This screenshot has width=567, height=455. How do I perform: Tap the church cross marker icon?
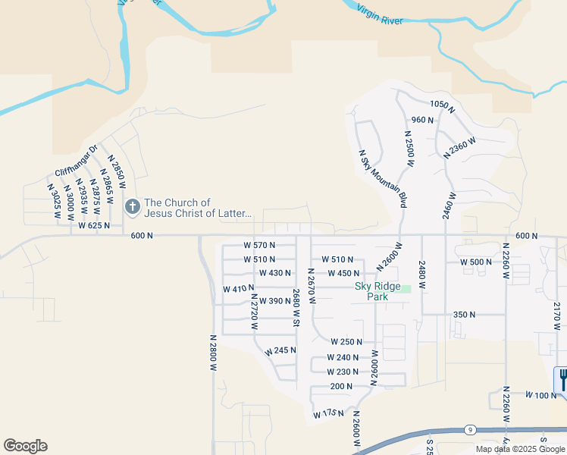(x=132, y=206)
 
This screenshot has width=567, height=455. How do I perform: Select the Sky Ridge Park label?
(x=371, y=291)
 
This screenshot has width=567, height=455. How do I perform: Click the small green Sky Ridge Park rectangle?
(x=406, y=288)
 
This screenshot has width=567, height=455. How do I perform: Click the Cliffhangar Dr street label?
(x=77, y=162)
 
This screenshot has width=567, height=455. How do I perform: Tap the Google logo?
(x=25, y=446)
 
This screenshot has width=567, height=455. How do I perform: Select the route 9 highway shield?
(x=470, y=430)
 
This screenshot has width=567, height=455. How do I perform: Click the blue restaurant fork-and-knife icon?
(x=562, y=378)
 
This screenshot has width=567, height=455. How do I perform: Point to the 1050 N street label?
(x=442, y=106)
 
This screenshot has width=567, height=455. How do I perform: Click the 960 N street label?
(x=422, y=120)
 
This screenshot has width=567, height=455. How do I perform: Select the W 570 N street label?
(x=259, y=245)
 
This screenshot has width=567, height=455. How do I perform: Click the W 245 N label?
(x=280, y=351)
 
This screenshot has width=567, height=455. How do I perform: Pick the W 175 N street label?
(x=328, y=414)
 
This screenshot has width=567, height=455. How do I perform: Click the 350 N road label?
(x=464, y=314)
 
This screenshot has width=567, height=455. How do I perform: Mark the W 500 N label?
(x=477, y=262)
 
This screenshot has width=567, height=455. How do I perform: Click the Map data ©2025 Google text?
(x=519, y=449)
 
